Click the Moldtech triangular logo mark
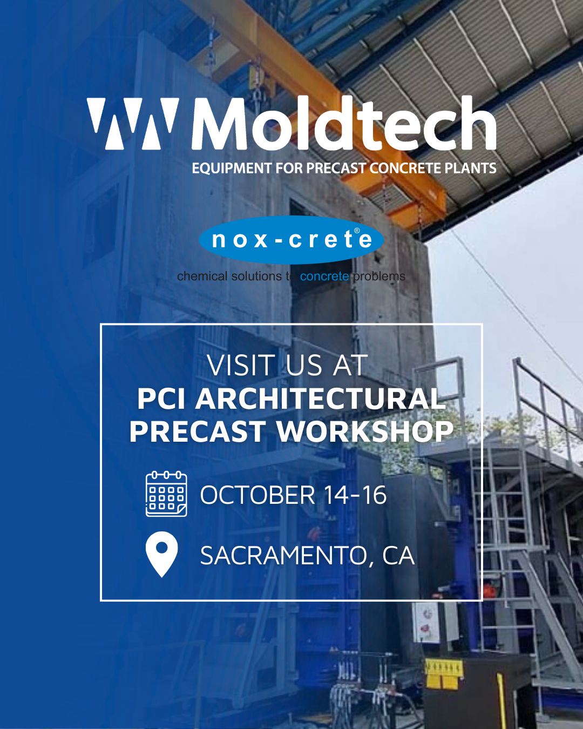[x=133, y=124]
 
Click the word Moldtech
[x=344, y=123]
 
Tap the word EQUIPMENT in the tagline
[x=232, y=168]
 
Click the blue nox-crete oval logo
[x=291, y=240]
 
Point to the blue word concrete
[x=324, y=276]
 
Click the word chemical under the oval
[x=202, y=276]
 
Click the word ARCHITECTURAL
[x=320, y=399]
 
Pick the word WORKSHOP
[x=364, y=431]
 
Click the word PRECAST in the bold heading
[x=198, y=431]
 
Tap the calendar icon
[x=166, y=494]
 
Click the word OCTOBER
[x=257, y=495]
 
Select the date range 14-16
[x=355, y=495]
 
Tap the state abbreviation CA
[x=398, y=556]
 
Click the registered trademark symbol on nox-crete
[x=357, y=231]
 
